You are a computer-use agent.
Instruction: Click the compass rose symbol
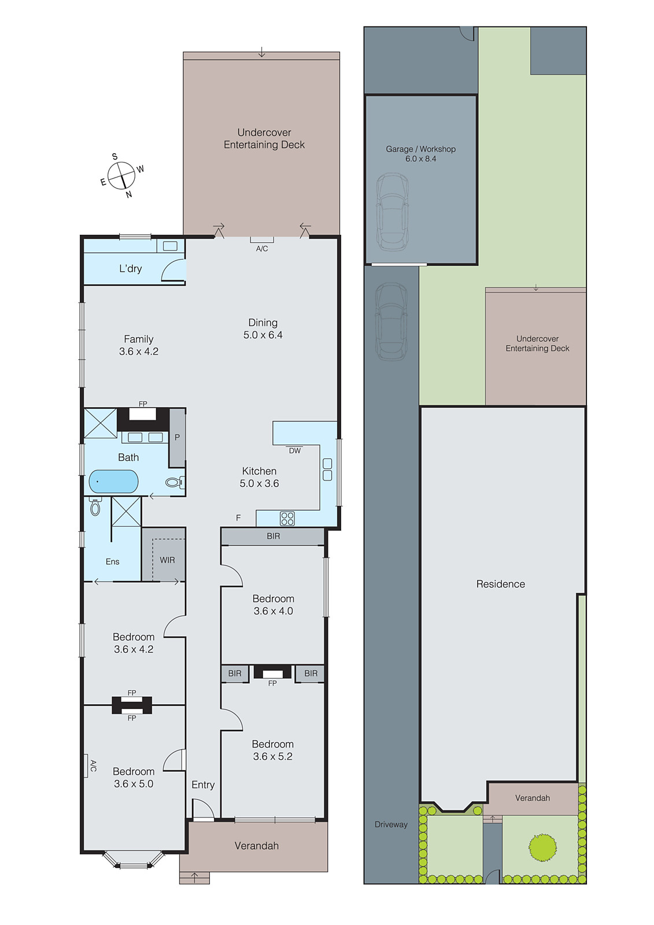click(x=121, y=175)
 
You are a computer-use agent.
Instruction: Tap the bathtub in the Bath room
click(x=113, y=481)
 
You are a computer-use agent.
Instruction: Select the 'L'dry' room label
click(x=131, y=269)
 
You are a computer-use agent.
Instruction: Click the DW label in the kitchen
click(x=295, y=451)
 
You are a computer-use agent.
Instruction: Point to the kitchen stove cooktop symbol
click(x=287, y=518)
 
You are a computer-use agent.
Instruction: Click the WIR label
click(x=167, y=560)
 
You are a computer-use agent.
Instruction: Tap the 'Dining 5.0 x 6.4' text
click(x=263, y=329)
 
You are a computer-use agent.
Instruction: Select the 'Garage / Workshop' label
click(x=420, y=149)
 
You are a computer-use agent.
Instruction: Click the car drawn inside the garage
click(x=392, y=211)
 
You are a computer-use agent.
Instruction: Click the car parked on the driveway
click(x=391, y=321)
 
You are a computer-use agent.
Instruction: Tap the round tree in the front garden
click(x=542, y=848)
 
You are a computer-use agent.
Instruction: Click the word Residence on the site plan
click(x=500, y=584)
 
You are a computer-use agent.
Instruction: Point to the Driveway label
click(x=391, y=824)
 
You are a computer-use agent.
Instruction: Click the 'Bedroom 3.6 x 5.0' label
click(x=134, y=778)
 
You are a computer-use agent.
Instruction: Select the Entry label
click(x=203, y=785)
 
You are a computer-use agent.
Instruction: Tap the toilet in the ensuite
click(x=95, y=507)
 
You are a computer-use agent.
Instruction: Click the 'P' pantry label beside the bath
click(x=177, y=438)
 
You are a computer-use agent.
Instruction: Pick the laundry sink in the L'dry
click(x=170, y=246)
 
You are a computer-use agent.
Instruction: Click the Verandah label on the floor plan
click(x=256, y=846)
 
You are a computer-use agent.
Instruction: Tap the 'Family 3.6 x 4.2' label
click(x=139, y=345)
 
